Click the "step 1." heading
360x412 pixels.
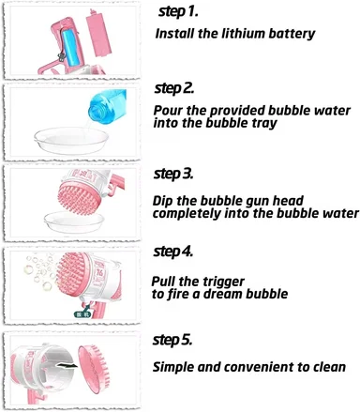178,11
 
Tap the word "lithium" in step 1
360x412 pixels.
243,34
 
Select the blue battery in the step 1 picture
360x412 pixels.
69,47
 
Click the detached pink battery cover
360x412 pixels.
98,34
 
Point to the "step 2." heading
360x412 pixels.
174,88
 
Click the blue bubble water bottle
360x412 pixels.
107,106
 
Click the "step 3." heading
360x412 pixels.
173,174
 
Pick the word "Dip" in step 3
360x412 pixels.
162,201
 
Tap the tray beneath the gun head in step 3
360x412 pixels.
74,222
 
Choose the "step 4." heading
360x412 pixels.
173,252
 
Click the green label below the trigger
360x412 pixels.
82,313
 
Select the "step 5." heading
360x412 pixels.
172,340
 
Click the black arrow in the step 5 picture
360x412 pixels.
67,365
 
